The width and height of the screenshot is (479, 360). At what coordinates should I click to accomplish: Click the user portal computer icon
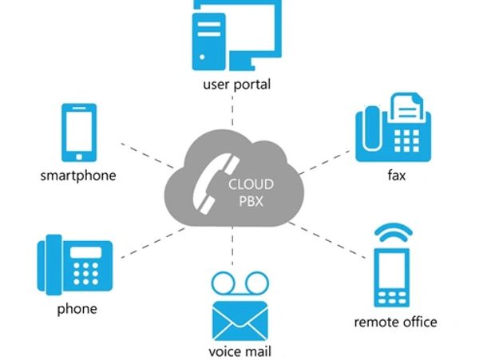(237, 34)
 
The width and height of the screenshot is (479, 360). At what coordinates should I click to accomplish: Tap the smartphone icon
(78, 133)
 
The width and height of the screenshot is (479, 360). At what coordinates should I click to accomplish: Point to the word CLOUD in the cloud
(251, 184)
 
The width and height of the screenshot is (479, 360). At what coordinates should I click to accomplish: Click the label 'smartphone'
(77, 175)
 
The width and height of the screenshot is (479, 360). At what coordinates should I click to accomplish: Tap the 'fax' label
(394, 175)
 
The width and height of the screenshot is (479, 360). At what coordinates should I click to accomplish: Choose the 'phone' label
(77, 308)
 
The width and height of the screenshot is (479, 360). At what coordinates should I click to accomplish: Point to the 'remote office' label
(395, 322)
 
